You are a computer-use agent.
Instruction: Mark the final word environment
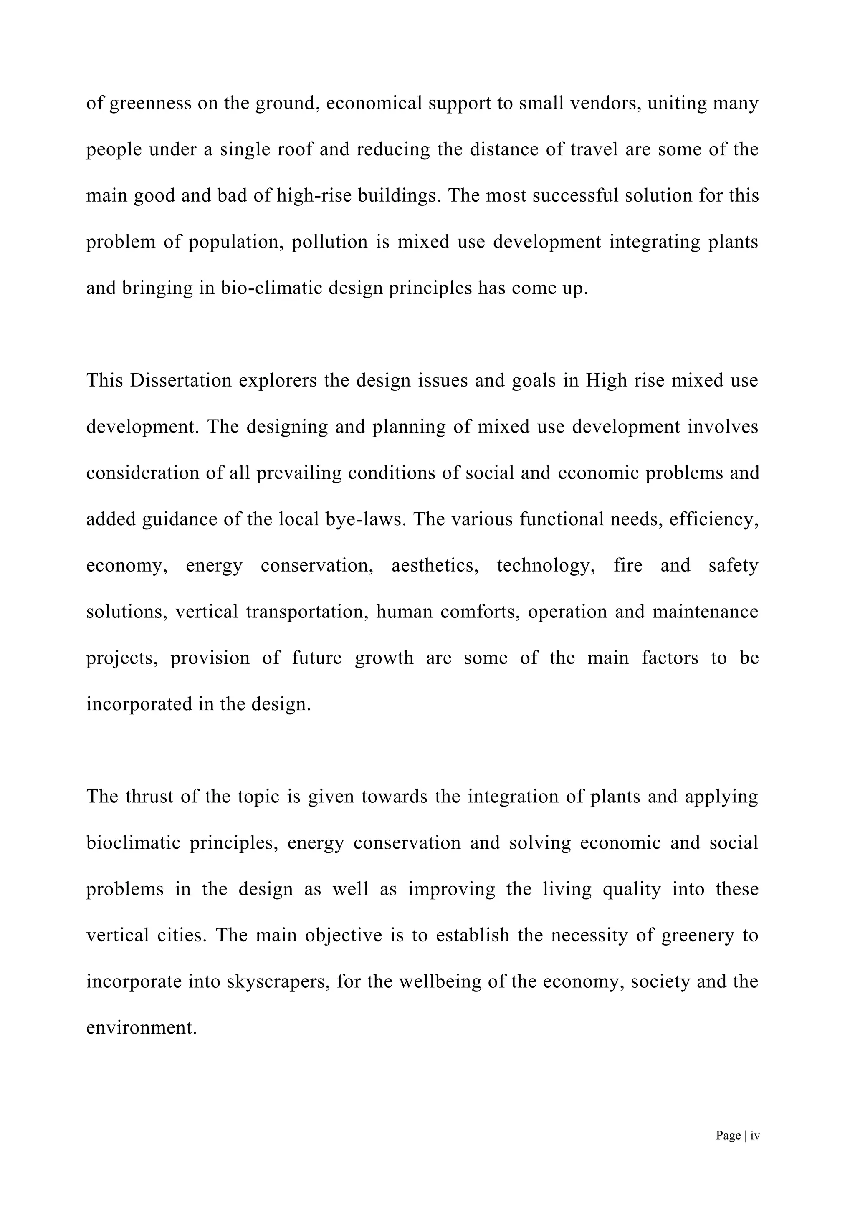(141, 1028)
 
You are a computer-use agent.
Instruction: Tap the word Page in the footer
(728, 1136)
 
